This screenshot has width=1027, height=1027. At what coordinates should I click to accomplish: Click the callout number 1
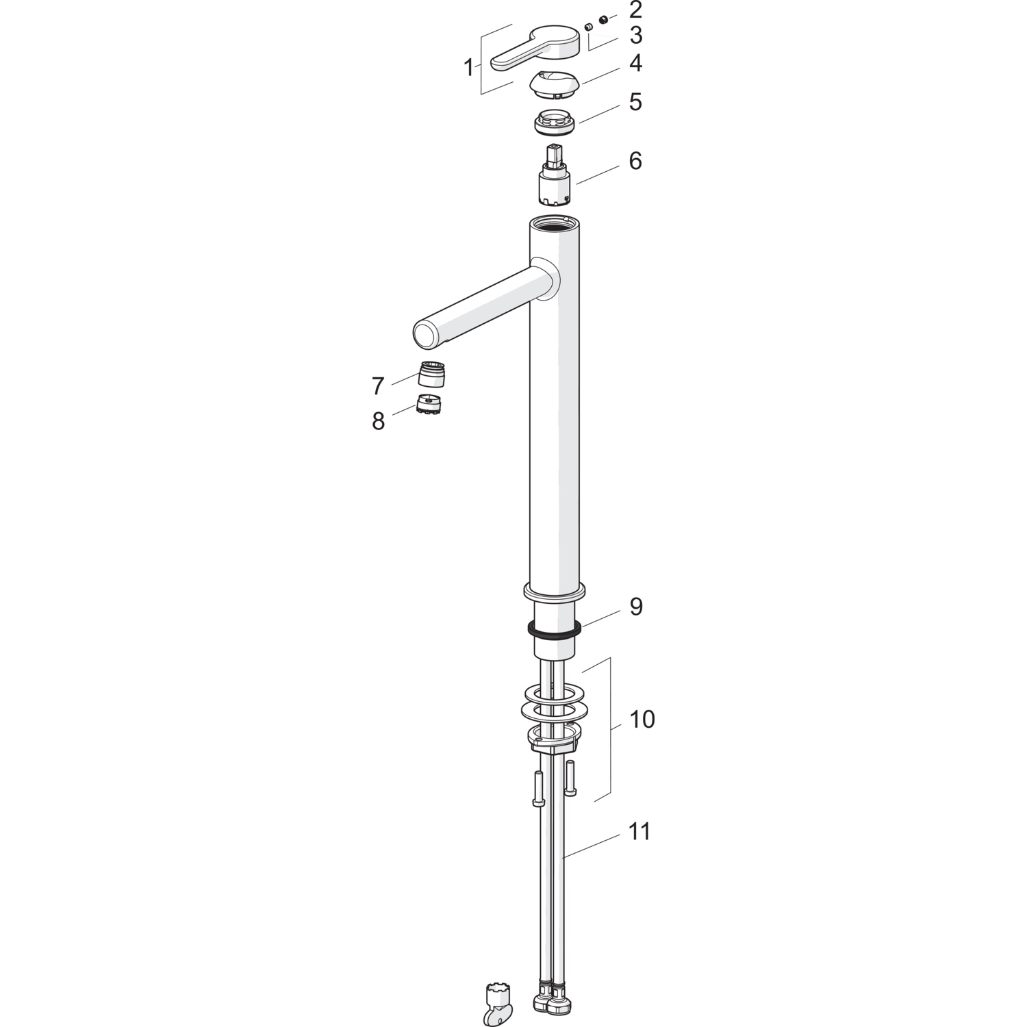click(x=469, y=68)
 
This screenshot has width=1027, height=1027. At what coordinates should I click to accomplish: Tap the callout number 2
click(x=635, y=10)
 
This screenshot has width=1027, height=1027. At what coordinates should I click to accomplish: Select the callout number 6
click(x=635, y=162)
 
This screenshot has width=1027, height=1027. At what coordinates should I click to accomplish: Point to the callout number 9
click(x=636, y=607)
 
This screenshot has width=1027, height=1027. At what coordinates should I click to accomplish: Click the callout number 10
click(x=642, y=720)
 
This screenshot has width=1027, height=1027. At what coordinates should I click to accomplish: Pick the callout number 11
click(x=639, y=832)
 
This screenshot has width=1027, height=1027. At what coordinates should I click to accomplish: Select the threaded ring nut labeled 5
click(x=555, y=123)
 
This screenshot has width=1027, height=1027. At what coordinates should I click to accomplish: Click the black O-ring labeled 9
click(x=555, y=629)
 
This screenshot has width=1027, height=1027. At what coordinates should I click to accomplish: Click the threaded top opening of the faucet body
click(x=555, y=223)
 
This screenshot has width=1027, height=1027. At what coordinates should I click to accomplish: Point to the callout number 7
click(x=378, y=386)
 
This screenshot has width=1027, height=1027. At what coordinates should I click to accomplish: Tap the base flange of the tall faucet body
click(x=554, y=591)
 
